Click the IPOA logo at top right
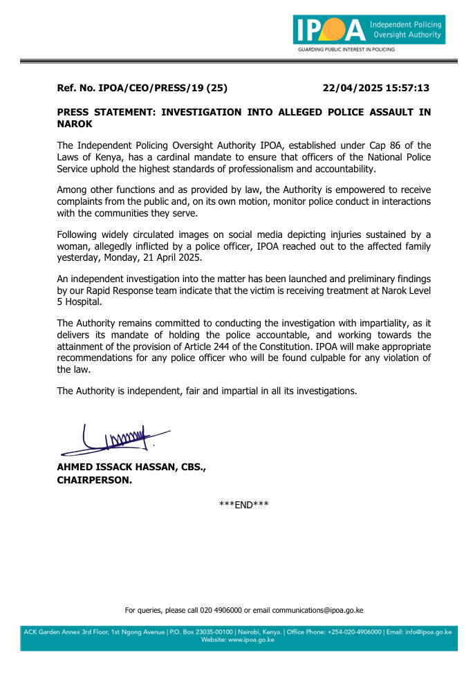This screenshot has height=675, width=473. tap(369, 31)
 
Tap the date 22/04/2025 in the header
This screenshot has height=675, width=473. tap(351, 88)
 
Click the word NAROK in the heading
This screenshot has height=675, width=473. tap(75, 124)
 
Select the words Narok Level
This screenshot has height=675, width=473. tap(398, 290)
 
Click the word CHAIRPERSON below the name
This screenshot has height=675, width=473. tap(94, 480)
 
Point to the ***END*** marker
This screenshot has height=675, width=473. tap(243, 504)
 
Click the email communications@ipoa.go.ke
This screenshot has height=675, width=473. tap(317, 610)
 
